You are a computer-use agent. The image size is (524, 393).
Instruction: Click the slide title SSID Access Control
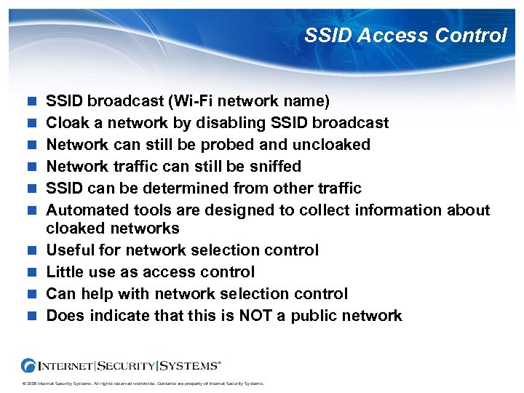point(405,35)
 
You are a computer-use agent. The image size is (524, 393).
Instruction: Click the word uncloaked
point(334,144)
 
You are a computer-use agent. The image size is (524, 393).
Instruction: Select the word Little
point(64,271)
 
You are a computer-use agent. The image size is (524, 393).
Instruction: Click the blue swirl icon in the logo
point(31,364)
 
